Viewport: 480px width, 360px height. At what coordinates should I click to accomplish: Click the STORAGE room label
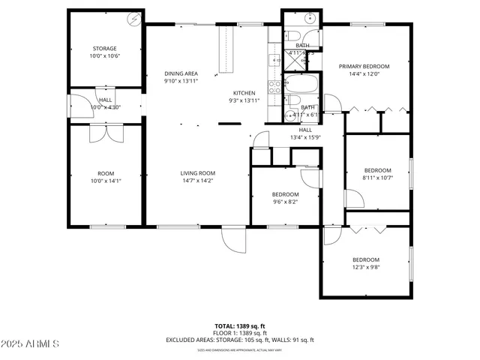click(104, 49)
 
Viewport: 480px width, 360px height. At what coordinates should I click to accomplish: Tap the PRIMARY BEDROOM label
click(364, 66)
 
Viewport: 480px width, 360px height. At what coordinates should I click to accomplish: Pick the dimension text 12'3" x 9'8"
click(366, 267)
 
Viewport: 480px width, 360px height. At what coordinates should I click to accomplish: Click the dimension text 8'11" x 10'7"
click(377, 178)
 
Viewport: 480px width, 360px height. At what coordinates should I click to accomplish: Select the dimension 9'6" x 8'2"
click(285, 202)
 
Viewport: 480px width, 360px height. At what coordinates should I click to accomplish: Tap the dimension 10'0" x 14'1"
click(104, 181)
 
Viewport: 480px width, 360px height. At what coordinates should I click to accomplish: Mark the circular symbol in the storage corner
click(134, 19)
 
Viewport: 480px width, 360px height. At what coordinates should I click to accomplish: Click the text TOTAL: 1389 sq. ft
click(239, 326)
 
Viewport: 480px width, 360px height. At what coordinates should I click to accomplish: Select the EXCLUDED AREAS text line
click(239, 340)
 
